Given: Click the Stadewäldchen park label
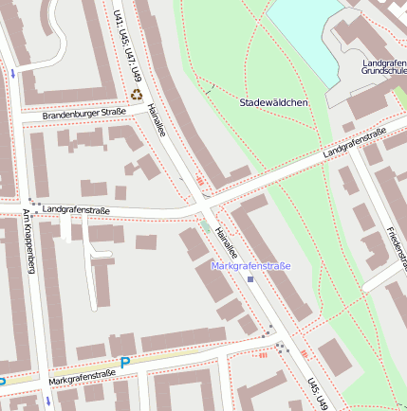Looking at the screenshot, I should point(273,102).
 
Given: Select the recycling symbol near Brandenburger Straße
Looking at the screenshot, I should point(137,95).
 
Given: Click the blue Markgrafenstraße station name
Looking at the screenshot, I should point(250,266).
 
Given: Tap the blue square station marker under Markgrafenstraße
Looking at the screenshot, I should point(250,279).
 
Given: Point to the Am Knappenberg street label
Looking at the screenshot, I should point(28,241).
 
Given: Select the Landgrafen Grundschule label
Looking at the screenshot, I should point(383,67).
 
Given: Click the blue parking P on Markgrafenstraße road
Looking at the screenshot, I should point(124,362).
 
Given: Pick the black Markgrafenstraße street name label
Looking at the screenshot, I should point(82,375).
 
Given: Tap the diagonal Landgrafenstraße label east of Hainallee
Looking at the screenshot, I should point(353,142).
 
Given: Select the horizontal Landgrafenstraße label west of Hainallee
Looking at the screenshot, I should point(77,209).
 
